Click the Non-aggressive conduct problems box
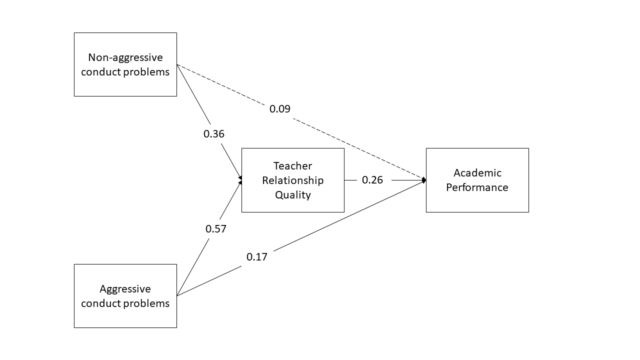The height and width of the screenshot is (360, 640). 125,64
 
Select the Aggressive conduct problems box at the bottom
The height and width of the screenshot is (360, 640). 125,296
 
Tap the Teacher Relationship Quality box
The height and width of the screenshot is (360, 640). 292,180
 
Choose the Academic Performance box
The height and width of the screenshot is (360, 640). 477,180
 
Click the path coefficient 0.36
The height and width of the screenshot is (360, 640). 214,134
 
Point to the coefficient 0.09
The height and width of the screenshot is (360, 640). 280,109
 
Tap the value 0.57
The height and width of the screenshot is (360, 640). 216,229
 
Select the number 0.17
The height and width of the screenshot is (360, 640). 257,257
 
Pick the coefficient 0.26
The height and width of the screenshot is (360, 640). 372,180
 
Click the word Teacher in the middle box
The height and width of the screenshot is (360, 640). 292,166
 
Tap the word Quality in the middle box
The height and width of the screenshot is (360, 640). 292,194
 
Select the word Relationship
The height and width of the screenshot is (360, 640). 292,180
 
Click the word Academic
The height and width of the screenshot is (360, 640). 477,173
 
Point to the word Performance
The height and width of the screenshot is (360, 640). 477,187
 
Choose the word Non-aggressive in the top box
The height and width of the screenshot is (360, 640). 125,57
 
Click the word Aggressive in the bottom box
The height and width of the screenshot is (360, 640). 125,289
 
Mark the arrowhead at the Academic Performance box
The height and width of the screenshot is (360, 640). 424,180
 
